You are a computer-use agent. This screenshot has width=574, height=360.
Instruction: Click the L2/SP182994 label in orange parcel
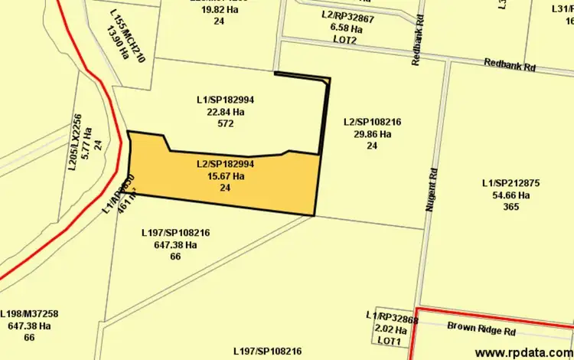click(225, 164)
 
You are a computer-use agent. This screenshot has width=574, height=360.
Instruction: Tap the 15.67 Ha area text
click(225, 176)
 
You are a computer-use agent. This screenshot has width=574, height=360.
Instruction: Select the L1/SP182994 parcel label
click(225, 100)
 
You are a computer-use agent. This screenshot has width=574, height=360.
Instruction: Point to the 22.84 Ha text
click(225, 112)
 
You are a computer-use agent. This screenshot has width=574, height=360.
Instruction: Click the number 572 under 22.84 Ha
click(225, 123)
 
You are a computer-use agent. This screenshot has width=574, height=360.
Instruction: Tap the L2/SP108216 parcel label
click(373, 122)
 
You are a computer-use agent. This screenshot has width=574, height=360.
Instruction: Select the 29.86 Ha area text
click(373, 134)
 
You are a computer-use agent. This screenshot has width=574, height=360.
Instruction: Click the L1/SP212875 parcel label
click(511, 183)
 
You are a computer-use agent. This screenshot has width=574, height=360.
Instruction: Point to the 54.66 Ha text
click(511, 195)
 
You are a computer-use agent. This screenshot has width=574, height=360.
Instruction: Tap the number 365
click(511, 207)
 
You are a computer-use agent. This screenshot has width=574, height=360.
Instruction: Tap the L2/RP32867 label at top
click(348, 16)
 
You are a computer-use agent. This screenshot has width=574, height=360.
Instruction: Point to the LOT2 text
click(345, 40)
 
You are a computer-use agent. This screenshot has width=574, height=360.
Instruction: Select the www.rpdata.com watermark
click(523, 352)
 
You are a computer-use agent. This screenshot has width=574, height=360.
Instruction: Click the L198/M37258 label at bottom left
click(29, 314)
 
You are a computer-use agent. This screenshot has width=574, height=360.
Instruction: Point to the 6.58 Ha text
click(345, 28)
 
